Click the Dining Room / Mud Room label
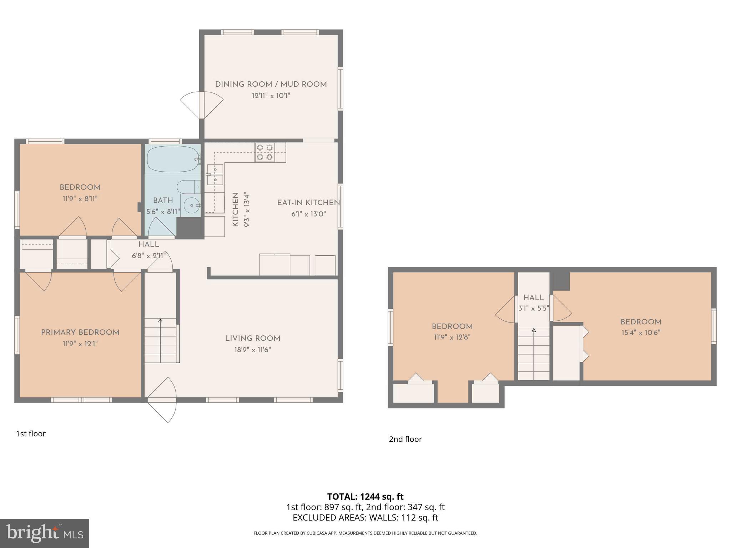tap(271, 85)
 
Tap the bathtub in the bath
tap(172, 159)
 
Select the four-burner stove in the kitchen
tap(265, 152)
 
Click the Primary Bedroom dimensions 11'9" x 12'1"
tap(80, 344)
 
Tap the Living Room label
tap(252, 338)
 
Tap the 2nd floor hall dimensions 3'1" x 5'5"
tap(534, 308)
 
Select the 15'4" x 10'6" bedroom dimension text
tap(641, 333)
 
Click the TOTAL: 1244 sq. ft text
tap(365, 497)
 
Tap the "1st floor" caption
tap(31, 434)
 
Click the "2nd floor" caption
tap(405, 439)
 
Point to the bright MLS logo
tap(44, 533)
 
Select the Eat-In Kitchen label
tap(308, 203)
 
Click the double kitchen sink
tap(216, 174)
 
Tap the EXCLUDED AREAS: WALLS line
tap(365, 517)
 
